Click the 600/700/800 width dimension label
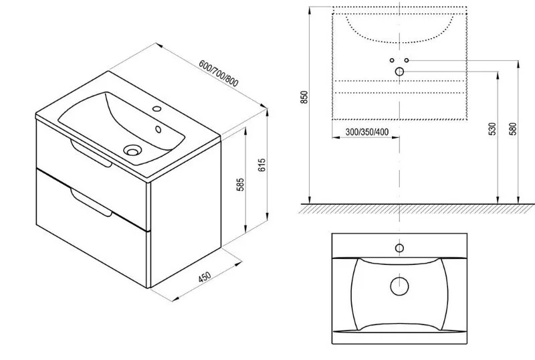coord(219,74)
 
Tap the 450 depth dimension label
coord(205,276)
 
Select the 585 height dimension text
coord(241,185)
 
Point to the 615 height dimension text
coord(262,165)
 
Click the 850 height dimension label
coord(304,97)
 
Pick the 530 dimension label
coord(492,129)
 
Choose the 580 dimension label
coord(514,128)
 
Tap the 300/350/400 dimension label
coord(366,132)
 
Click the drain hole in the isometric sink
coord(132,150)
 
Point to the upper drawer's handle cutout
coord(91,155)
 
